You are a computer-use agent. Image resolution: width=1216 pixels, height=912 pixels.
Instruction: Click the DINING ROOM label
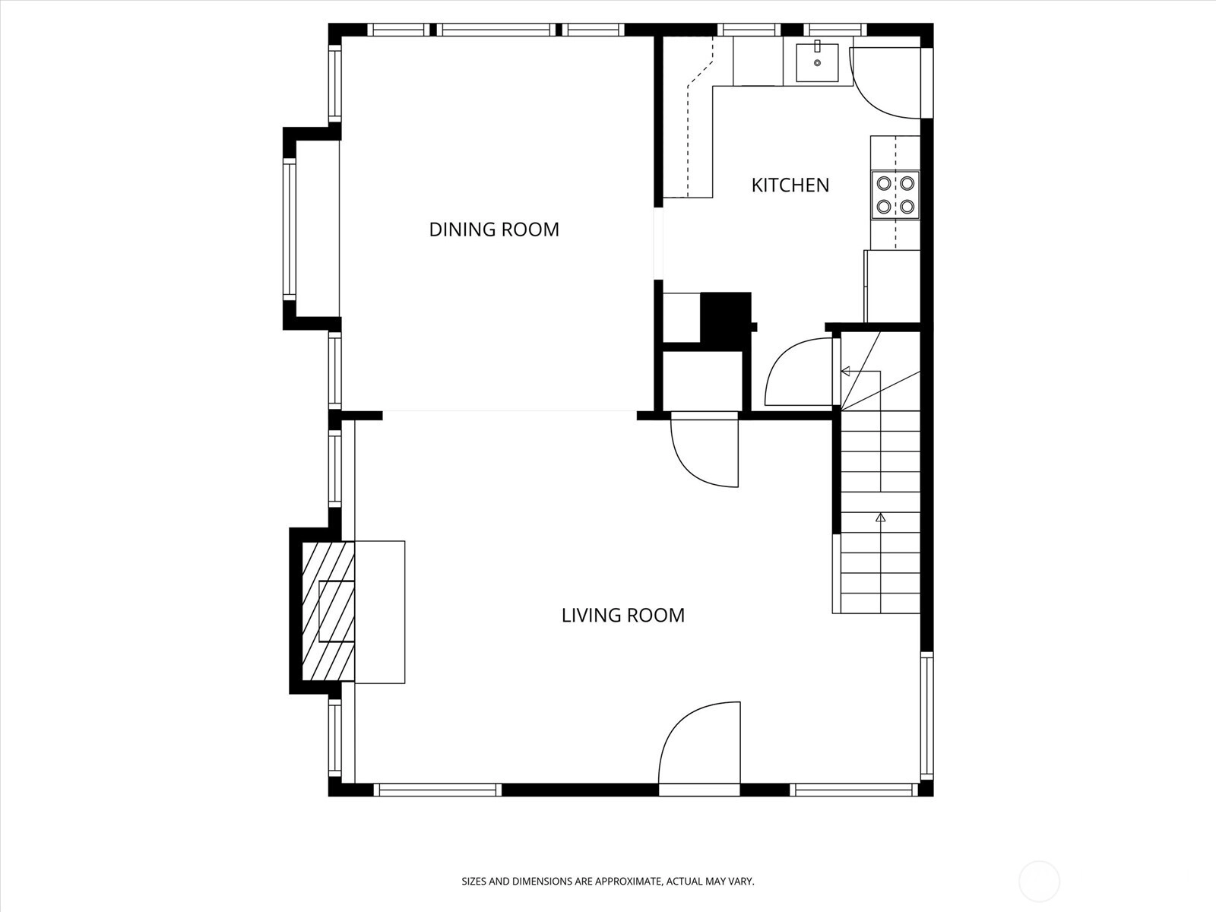(x=494, y=230)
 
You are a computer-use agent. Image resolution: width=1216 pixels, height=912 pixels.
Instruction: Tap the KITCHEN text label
(x=790, y=185)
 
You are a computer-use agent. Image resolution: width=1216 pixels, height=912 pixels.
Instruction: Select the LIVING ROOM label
(x=622, y=615)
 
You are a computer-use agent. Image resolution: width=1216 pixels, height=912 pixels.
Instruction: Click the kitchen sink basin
(x=817, y=62)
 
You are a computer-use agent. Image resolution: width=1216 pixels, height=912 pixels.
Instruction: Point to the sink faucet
(x=817, y=46)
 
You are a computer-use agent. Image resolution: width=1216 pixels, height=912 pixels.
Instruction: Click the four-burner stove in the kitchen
(x=895, y=195)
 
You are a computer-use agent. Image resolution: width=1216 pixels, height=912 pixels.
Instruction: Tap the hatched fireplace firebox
(x=328, y=611)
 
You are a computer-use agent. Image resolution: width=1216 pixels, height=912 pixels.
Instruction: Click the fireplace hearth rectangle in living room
(x=379, y=612)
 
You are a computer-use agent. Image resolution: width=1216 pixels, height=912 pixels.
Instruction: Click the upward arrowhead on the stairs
(x=880, y=518)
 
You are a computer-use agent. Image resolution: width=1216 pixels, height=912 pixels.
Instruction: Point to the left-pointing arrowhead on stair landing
(x=845, y=371)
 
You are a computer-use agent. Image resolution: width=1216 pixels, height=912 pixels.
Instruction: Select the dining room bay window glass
(x=290, y=230)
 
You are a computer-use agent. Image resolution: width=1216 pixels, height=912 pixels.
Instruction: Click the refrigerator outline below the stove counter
(x=892, y=286)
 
